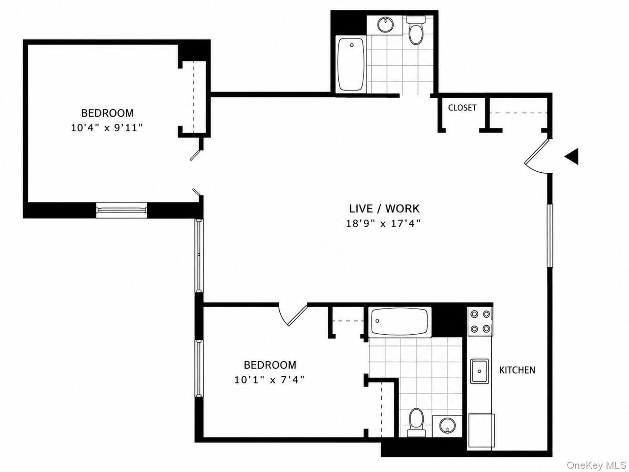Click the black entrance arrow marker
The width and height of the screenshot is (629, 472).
click(572, 157)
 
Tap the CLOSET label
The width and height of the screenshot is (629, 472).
click(462, 108)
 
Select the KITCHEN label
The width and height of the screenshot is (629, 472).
click(517, 370)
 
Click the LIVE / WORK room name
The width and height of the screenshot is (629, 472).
click(384, 209)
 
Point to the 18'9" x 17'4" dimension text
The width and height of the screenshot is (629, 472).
click(383, 224)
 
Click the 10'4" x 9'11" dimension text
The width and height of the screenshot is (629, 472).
click(107, 127)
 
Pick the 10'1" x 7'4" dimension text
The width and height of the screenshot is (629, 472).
click(269, 380)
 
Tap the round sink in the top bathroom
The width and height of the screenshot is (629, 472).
click(386, 25)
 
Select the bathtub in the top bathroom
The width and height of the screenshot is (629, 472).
click(351, 65)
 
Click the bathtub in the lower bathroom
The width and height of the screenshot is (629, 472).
click(400, 321)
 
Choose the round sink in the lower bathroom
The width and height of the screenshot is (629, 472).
click(447, 426)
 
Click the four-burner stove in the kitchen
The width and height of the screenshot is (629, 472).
click(480, 321)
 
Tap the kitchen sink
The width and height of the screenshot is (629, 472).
click(479, 371)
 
